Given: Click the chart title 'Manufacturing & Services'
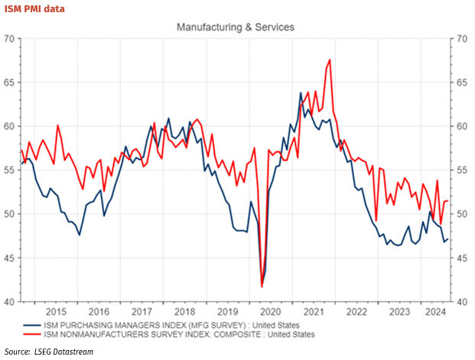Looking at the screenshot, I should coord(235,27).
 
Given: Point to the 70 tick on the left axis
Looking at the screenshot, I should coord(10,38).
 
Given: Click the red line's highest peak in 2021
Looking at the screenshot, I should coord(330,60).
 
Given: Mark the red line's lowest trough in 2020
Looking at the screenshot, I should coord(262,287).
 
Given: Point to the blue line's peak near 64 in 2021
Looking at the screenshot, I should coord(301,93).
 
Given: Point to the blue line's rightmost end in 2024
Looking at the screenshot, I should coord(447,239).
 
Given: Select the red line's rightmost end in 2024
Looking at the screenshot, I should coord(447,200).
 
